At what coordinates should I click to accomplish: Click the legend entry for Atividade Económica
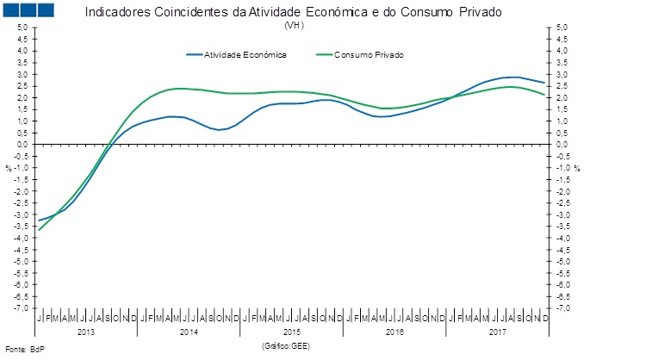pos(245,54)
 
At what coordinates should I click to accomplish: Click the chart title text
pos(293,13)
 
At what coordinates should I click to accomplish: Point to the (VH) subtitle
pos(293,25)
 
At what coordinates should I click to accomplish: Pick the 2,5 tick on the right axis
pos(561,86)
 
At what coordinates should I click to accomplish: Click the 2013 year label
pos(86,331)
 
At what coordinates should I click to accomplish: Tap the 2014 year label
pos(189,331)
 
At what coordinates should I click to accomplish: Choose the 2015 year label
pos(291,331)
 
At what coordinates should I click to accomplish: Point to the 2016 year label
pos(394,331)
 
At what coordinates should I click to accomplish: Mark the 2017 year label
pos(496,331)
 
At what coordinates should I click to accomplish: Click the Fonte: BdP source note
pos(23,349)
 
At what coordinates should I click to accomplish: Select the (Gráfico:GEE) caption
pos(285,345)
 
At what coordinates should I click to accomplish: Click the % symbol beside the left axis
pos(7,168)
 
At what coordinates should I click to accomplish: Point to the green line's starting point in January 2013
pos(39,229)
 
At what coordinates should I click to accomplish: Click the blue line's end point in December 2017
pos(543,83)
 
